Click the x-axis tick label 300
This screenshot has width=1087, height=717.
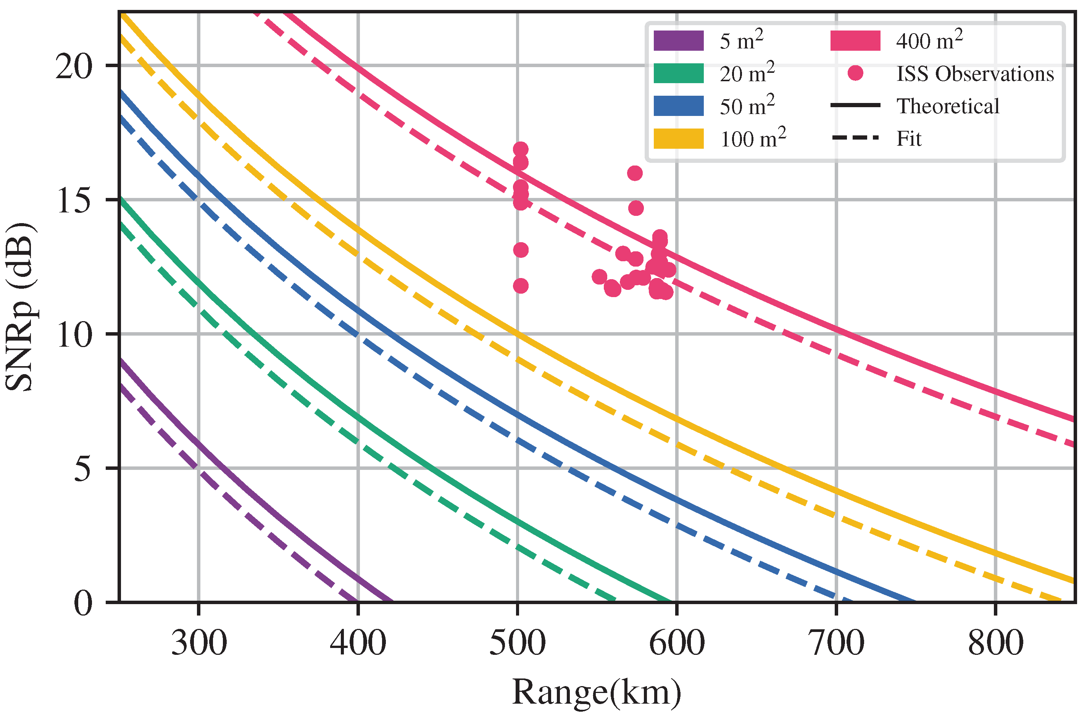(x=199, y=643)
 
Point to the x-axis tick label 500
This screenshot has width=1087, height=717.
(x=518, y=643)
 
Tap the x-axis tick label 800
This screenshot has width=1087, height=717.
(x=995, y=643)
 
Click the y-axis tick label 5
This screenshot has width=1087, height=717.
(x=83, y=468)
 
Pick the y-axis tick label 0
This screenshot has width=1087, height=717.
(x=83, y=603)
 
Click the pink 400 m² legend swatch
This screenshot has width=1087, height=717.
(x=855, y=41)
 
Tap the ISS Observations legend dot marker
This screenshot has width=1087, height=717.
(x=855, y=73)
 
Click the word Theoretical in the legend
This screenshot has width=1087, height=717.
(x=947, y=106)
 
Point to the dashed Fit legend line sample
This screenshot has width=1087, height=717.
(x=855, y=138)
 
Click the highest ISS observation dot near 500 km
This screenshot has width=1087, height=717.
(x=521, y=149)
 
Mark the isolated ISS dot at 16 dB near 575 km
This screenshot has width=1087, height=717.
(x=635, y=173)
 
